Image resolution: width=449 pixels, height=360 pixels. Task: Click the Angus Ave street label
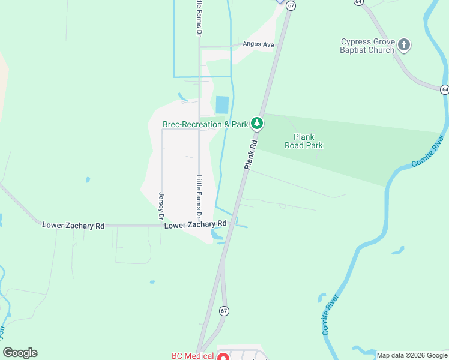258,44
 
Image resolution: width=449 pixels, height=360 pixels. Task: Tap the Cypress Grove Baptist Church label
368,46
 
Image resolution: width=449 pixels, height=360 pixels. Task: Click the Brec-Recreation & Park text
205,125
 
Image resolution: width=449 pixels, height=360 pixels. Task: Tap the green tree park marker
257,124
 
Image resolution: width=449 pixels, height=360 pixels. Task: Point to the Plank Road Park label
308,141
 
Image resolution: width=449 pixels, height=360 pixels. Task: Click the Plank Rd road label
251,154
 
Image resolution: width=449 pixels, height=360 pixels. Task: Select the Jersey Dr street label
161,205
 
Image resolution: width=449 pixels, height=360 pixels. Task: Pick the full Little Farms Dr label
199,197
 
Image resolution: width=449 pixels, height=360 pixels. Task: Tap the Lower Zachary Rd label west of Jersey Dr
74,226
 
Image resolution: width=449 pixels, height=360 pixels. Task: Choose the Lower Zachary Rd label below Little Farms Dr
196,224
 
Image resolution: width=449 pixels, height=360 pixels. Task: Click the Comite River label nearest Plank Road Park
429,151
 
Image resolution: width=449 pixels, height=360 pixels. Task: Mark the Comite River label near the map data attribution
330,315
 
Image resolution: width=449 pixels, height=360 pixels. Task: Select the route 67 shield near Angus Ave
291,5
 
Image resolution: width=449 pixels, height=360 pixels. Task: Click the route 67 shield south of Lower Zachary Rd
224,311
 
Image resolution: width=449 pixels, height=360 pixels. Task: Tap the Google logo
20,353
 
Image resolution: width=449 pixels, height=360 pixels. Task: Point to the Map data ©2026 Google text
412,355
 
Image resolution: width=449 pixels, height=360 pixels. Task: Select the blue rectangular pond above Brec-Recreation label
222,105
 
